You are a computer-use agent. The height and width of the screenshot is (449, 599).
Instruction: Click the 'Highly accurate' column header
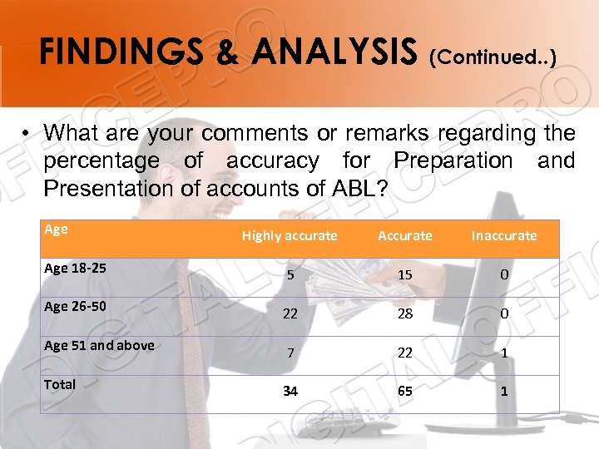pos(290,236)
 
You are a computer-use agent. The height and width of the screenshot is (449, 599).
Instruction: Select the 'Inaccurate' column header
pos(504,236)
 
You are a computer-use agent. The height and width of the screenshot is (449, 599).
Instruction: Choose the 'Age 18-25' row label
pos(74,269)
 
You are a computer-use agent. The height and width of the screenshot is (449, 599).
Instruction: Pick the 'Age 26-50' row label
pos(74,306)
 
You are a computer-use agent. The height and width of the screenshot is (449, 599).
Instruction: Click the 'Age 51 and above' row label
pos(98,345)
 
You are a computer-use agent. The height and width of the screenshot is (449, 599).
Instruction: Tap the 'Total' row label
pos(60,384)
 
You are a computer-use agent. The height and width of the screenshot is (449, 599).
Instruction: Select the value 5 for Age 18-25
pos(290,275)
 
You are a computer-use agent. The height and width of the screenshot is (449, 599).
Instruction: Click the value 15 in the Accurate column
pos(405,275)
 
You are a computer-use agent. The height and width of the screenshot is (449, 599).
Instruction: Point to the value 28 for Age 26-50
pos(405,313)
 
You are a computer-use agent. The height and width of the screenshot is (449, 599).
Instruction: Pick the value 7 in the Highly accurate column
pos(290,353)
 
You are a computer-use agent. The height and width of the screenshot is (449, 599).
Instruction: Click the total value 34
pos(290,391)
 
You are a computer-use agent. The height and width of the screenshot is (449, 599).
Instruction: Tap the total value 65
pos(405,391)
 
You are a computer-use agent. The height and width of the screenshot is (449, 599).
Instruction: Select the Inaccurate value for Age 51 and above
pos(504,353)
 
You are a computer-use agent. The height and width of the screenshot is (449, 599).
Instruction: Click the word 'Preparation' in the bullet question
pos(453,160)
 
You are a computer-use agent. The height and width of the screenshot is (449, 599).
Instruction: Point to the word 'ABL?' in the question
pos(359,189)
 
